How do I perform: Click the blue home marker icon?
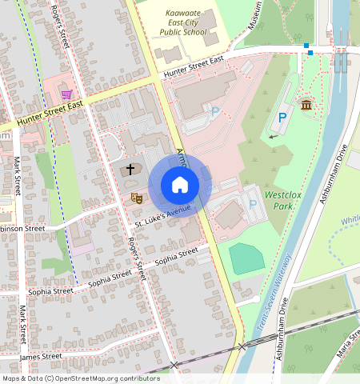[x=180, y=185]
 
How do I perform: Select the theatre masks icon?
[x=136, y=197]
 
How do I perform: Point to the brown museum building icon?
[x=306, y=105]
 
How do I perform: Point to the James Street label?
[x=40, y=356]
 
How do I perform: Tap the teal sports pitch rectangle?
[x=246, y=258]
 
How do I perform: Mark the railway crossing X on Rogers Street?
[x=174, y=366]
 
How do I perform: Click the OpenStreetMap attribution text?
[x=81, y=378]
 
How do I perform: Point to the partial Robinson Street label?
[x=22, y=228]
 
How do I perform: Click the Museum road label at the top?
[x=255, y=15]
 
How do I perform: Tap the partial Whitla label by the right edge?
[x=350, y=221]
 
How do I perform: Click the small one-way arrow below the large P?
[x=274, y=137]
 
